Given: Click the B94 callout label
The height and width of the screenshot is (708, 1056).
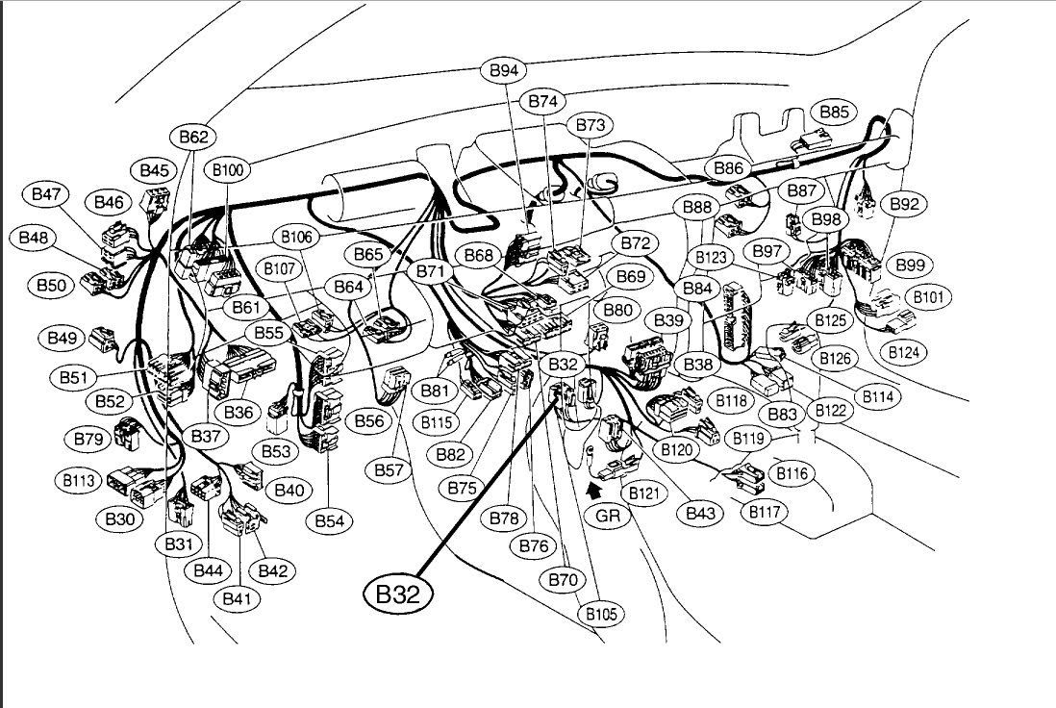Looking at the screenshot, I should (503, 71).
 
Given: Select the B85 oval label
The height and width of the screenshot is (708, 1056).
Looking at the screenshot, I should (834, 112).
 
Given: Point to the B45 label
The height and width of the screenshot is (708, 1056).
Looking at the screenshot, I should (154, 171).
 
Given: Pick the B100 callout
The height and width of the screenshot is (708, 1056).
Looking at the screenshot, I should (229, 171).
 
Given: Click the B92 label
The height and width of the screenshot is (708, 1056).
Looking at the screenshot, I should (904, 204).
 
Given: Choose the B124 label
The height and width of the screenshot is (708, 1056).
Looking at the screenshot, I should (903, 352).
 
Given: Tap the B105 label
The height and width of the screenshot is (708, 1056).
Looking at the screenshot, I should (600, 614).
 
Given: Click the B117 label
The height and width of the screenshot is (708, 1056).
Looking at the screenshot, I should (766, 512).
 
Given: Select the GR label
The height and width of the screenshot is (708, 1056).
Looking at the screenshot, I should (607, 515).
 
